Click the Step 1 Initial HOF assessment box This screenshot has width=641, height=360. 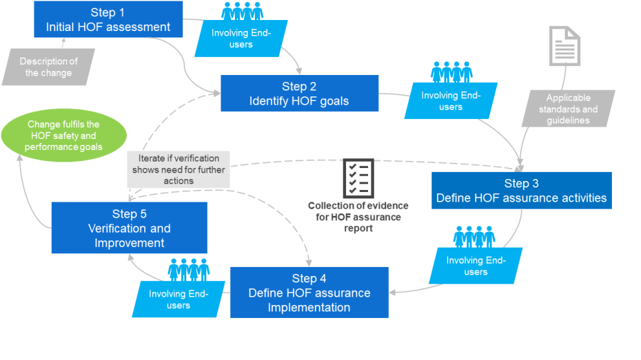pos(108,19)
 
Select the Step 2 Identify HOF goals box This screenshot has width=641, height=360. pos(299,94)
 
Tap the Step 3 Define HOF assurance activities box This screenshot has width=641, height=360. pos(521,191)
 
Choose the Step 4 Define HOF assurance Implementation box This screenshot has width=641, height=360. pos(309,293)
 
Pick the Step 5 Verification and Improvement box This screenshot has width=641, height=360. pos(129,228)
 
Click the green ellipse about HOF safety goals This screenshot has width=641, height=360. pos(63,136)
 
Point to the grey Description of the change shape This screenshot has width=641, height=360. pos(49,67)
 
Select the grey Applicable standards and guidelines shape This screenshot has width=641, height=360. pos(568,109)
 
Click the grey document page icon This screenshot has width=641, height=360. pos(564,46)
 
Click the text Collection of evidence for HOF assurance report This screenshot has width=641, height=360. pos(358,217)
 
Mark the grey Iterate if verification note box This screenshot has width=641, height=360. pos(179,169)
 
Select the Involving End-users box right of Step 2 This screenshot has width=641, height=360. pos(451,101)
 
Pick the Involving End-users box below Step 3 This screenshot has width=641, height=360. pos(475,266)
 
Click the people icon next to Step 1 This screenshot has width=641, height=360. pos(241,11)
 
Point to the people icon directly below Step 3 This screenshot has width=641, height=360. pos(474,237)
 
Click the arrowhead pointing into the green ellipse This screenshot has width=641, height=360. pos(21,160)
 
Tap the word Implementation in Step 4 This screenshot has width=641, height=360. pos(309,307)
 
